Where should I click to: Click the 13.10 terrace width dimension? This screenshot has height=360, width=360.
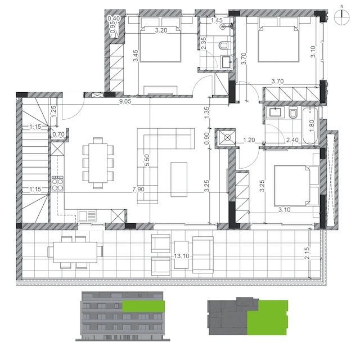point(181,256)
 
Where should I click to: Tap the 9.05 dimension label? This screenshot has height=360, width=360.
point(125,101)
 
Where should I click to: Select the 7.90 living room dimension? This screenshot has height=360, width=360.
point(138,189)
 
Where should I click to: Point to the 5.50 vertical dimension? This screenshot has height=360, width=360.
point(147,160)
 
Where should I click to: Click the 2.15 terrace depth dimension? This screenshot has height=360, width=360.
point(307,253)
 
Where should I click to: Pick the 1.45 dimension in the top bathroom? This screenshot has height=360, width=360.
point(217,20)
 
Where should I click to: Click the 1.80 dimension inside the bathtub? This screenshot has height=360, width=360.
point(312,126)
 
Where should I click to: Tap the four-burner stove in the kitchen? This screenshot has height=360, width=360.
point(57,183)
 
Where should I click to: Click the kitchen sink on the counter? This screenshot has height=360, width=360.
point(87,216)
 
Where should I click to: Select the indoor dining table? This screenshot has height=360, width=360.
point(98,163)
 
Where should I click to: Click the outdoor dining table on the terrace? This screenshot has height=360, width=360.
point(75,253)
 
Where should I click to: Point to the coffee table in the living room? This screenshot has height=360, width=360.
point(179,179)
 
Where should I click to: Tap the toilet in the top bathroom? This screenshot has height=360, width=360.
point(223,45)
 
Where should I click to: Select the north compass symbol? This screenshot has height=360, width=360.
point(341,17)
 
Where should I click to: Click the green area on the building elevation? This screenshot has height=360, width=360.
point(143,306)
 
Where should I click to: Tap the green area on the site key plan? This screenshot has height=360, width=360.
point(268,319)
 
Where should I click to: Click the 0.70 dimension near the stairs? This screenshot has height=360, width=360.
point(58,134)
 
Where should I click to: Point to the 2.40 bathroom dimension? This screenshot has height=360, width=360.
point(292,140)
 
